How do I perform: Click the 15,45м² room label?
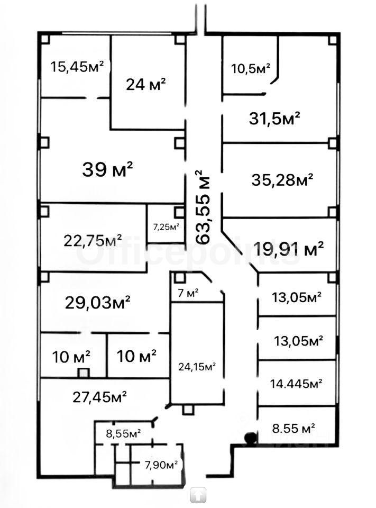(77, 67)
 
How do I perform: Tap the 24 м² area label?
(146, 85)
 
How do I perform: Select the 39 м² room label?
(108, 169)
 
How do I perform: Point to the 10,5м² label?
(251, 68)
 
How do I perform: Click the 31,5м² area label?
(274, 119)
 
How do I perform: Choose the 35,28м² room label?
(282, 180)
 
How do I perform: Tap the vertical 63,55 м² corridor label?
(203, 207)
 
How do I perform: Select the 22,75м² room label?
(93, 240)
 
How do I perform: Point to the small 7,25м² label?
(166, 227)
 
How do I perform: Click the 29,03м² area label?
(98, 302)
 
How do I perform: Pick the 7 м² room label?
(188, 293)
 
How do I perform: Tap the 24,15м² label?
(197, 367)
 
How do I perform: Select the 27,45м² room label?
(100, 397)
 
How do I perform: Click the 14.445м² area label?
(296, 384)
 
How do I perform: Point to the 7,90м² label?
(161, 465)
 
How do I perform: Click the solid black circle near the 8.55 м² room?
(250, 438)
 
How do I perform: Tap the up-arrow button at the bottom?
(198, 495)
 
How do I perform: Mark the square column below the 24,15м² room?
(187, 410)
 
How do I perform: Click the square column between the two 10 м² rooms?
(84, 373)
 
